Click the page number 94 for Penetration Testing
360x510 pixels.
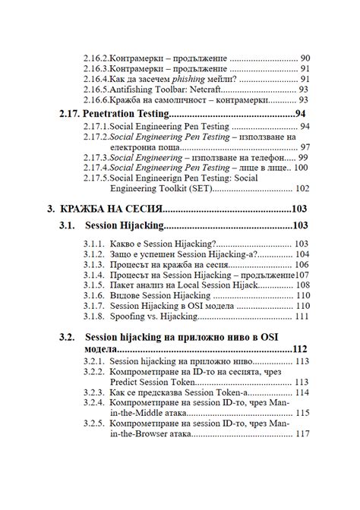301,114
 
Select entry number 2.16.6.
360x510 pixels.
97,99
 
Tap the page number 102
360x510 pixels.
303,189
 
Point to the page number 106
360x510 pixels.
303,264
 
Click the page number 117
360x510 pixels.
303,434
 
